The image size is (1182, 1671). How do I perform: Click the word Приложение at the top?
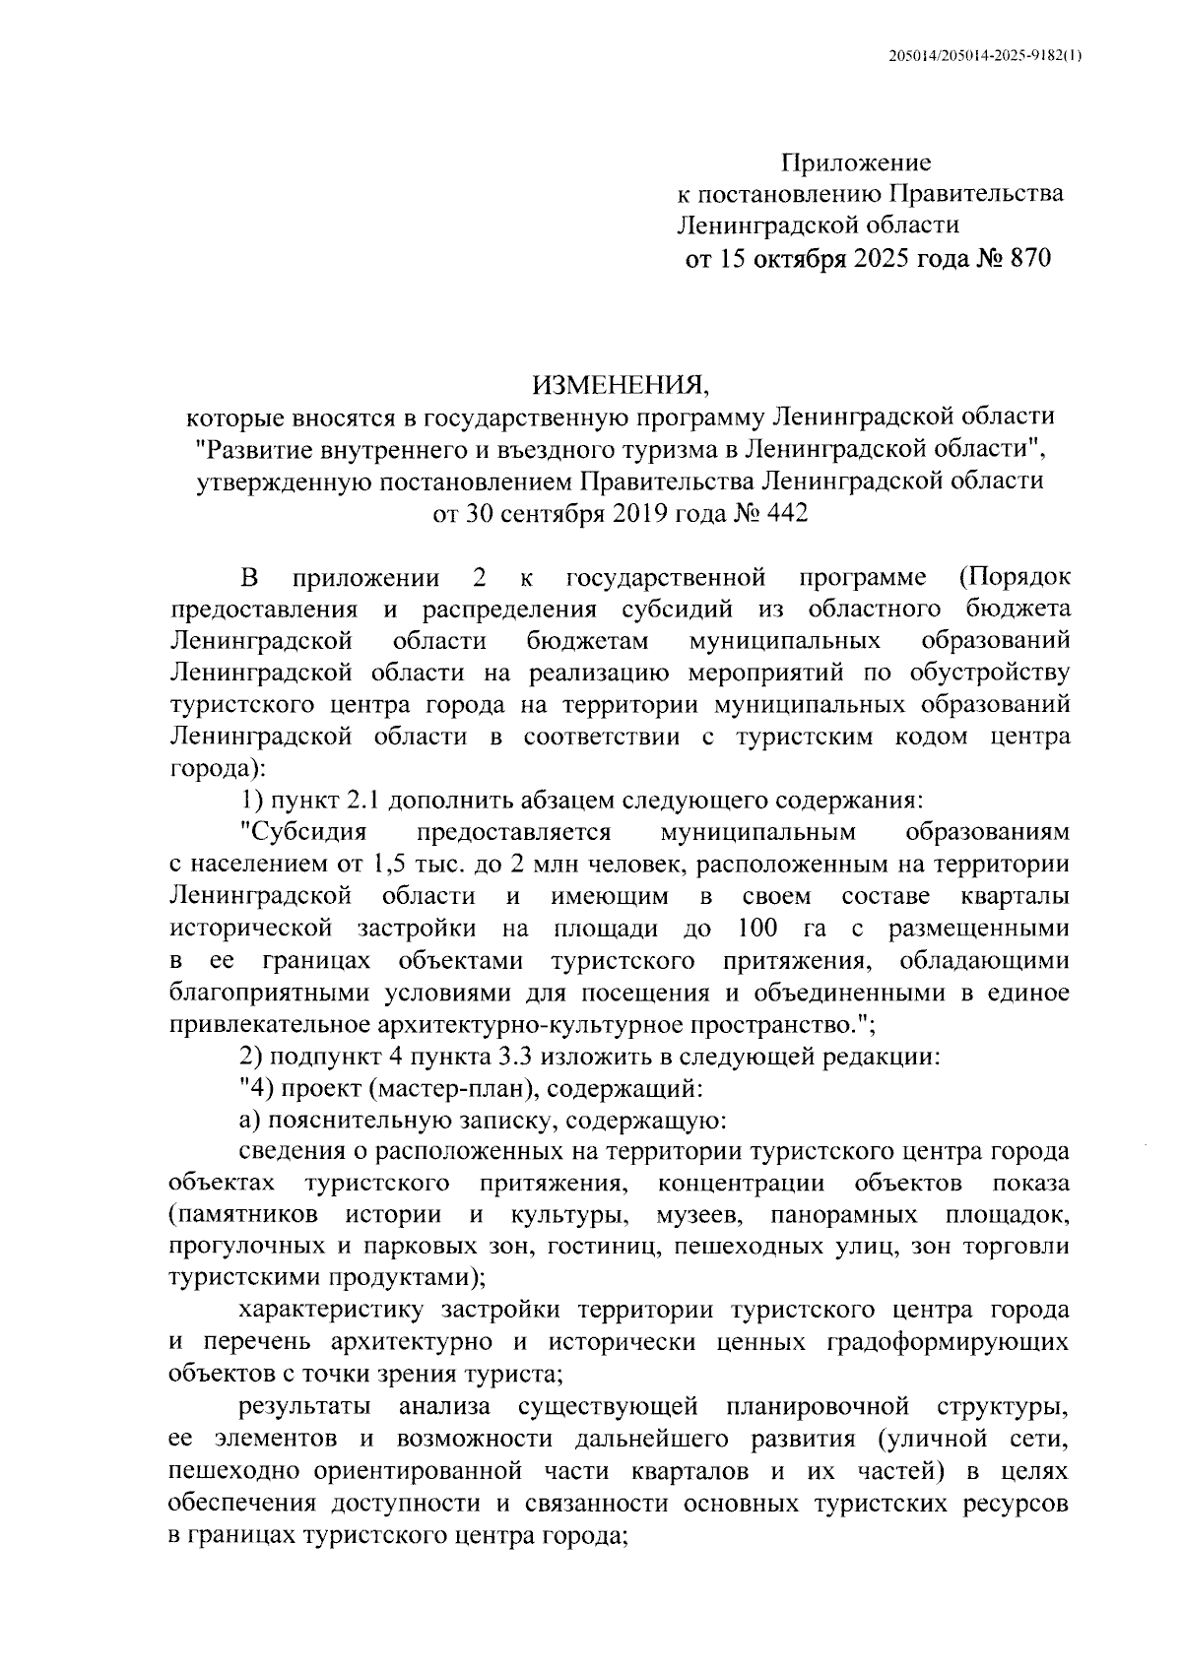856,161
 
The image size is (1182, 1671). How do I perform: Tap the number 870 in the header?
1025,259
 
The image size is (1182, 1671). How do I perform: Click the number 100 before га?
756,929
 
